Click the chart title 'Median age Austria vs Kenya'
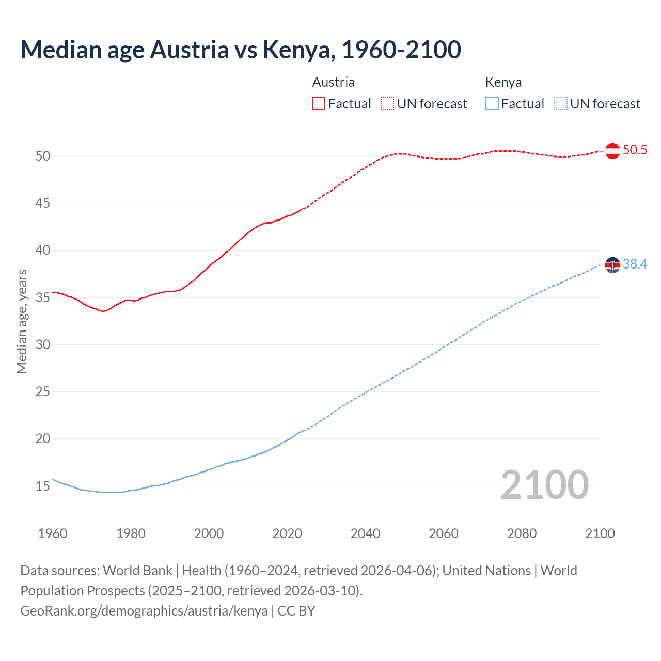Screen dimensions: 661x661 [241, 50]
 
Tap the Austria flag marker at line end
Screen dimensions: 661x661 [612, 151]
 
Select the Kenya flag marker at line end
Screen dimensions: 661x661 [612, 265]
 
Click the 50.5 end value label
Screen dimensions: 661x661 [635, 150]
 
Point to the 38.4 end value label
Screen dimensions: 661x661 [635, 264]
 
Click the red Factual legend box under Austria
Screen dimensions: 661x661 [319, 104]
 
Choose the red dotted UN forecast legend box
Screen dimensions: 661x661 [387, 104]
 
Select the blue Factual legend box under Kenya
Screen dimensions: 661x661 [492, 104]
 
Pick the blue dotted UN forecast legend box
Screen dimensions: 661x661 [561, 104]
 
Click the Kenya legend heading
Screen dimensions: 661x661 [503, 82]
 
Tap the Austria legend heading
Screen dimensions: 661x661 [334, 82]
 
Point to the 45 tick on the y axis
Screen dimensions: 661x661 [43, 203]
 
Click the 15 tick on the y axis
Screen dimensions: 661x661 [43, 486]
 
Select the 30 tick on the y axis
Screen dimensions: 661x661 [43, 344]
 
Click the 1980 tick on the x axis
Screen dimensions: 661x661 [131, 533]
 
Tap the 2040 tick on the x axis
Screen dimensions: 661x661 [365, 533]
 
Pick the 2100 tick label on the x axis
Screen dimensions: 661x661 [600, 533]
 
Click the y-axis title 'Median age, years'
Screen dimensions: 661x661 [22, 321]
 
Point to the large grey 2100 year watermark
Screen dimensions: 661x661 [545, 485]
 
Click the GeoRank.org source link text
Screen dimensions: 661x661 [144, 611]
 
